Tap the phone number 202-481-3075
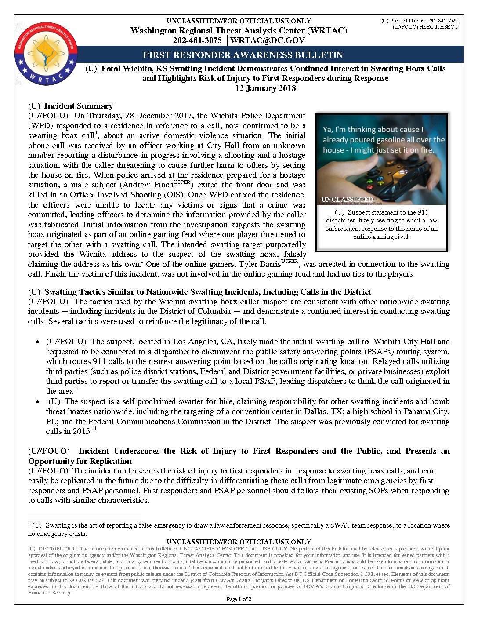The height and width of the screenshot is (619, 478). click(x=197, y=40)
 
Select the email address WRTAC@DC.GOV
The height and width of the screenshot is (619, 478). click(x=267, y=40)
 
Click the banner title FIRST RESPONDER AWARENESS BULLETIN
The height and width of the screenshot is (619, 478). click(x=243, y=55)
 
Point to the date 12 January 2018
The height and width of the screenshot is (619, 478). click(x=265, y=88)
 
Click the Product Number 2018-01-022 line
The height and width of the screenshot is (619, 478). click(x=419, y=21)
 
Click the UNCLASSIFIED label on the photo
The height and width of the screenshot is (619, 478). click(x=347, y=200)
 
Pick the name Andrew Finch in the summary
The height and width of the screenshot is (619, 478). click(x=148, y=185)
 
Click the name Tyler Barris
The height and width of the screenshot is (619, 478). click(x=259, y=264)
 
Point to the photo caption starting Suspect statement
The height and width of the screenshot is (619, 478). click(x=381, y=224)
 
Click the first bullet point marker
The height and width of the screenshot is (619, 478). click(x=38, y=342)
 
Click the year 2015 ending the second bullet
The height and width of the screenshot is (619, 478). click(x=81, y=431)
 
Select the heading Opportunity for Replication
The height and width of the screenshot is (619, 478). click(x=80, y=461)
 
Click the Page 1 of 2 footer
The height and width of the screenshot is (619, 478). click(x=239, y=599)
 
